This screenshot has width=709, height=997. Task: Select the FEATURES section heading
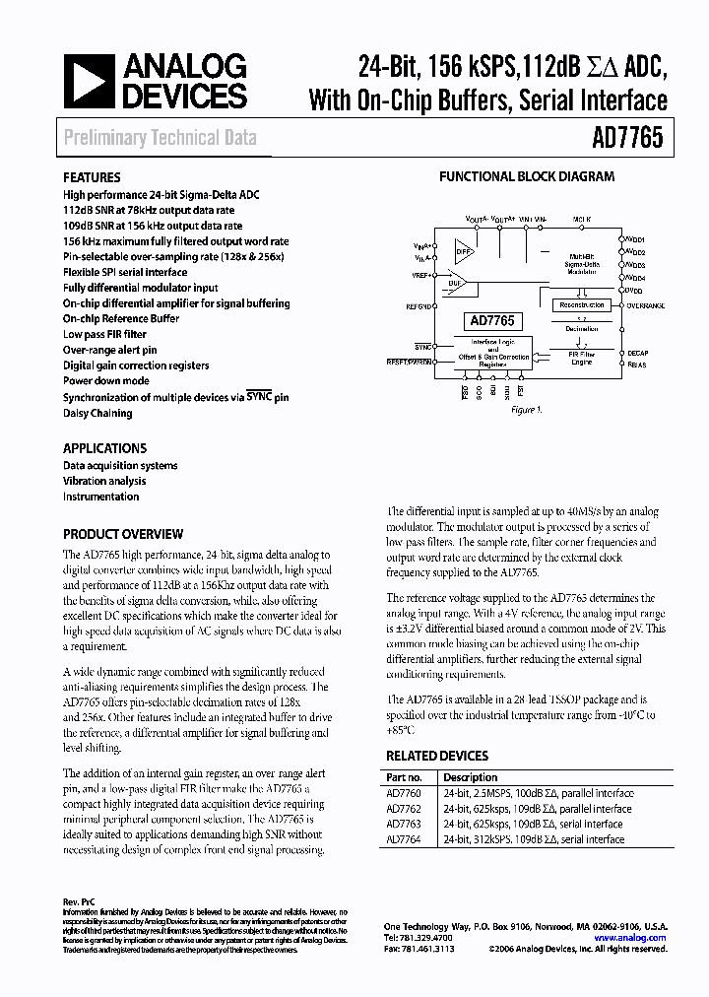[x=92, y=178]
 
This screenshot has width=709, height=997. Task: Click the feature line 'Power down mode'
[x=106, y=381]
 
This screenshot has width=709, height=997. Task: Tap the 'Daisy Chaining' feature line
[x=97, y=413]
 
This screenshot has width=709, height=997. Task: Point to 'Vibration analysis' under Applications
[x=104, y=481]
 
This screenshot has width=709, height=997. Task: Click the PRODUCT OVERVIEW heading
[x=123, y=534]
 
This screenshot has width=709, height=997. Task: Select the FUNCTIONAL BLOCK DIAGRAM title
[x=526, y=177]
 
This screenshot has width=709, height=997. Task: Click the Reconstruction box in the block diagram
[x=580, y=305]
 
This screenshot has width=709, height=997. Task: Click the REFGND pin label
[x=419, y=306]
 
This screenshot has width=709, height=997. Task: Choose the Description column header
[x=471, y=777]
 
